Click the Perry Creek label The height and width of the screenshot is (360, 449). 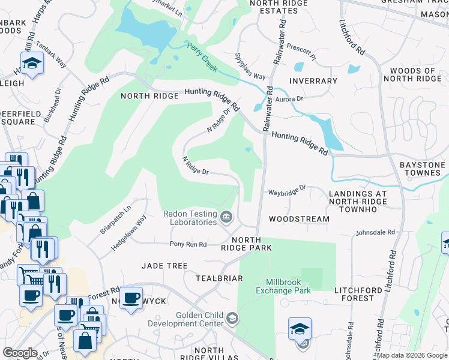tap(200, 53)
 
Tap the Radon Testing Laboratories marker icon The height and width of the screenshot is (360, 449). tap(226, 217)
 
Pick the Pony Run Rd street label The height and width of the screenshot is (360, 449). tap(188, 244)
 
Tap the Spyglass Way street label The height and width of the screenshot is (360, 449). tap(250, 68)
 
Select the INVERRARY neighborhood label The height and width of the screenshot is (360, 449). tap(313, 81)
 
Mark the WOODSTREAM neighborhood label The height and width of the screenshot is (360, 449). tap(299, 219)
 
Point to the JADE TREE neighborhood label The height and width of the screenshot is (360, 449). tap(164, 265)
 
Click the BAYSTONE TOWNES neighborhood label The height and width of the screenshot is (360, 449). tap(423, 169)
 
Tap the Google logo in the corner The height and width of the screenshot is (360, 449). tap(20, 352)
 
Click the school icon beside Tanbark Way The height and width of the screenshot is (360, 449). tap(31, 63)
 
